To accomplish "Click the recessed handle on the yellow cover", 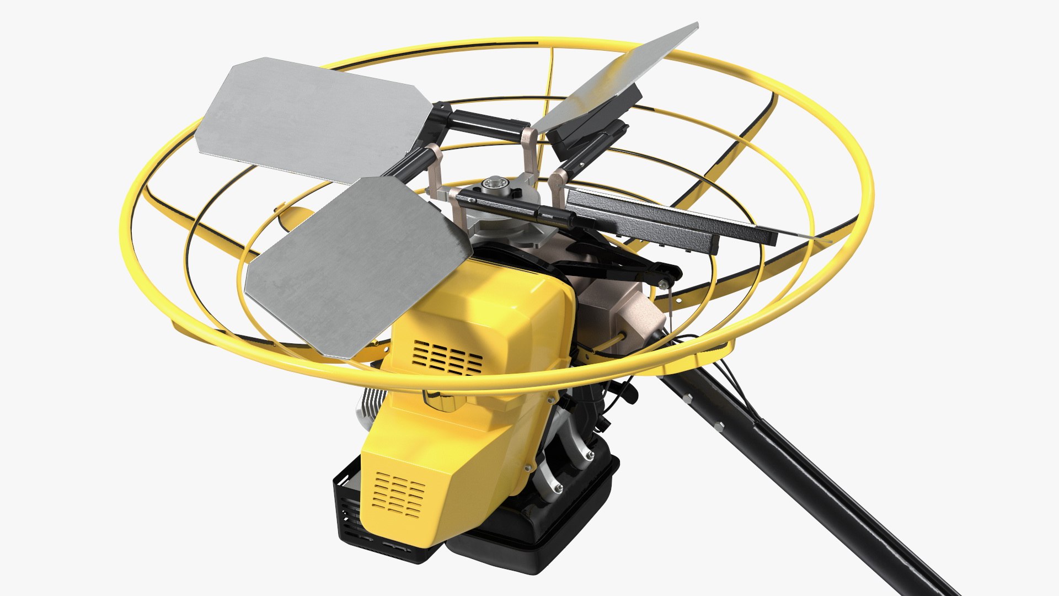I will [441, 400].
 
